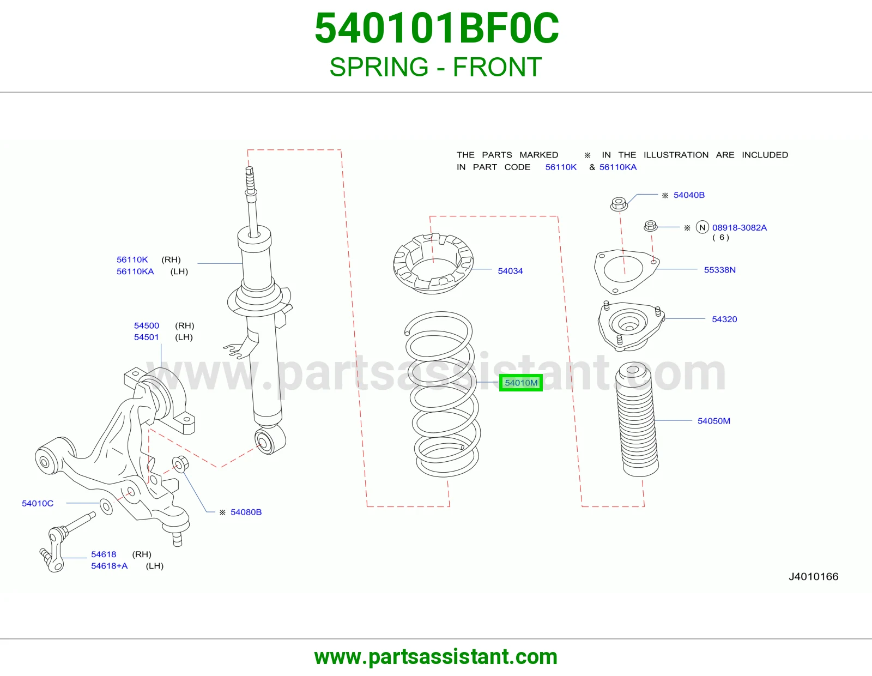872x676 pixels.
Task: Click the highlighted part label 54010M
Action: pyautogui.click(x=521, y=383)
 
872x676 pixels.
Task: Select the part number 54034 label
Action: pyautogui.click(x=510, y=271)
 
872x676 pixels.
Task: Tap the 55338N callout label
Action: pyautogui.click(x=719, y=270)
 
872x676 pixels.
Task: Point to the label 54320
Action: pyautogui.click(x=724, y=319)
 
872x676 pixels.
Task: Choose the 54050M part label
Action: pyautogui.click(x=714, y=421)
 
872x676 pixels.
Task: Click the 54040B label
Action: pyautogui.click(x=689, y=195)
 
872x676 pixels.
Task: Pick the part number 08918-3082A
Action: pyautogui.click(x=739, y=228)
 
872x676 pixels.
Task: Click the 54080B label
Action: pyautogui.click(x=246, y=512)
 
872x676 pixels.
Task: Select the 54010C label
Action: pyautogui.click(x=37, y=503)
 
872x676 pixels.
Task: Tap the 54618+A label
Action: pyautogui.click(x=109, y=566)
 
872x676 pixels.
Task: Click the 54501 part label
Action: pyautogui.click(x=147, y=337)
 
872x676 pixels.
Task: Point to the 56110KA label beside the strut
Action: pyautogui.click(x=135, y=271)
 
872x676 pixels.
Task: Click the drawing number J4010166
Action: pyautogui.click(x=813, y=576)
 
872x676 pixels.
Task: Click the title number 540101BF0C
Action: pyautogui.click(x=436, y=28)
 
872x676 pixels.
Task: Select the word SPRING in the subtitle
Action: pyautogui.click(x=379, y=67)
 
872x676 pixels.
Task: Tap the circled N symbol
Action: pyautogui.click(x=703, y=228)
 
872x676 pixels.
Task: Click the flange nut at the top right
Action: pyautogui.click(x=619, y=204)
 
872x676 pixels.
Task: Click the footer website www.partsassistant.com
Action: pyautogui.click(x=436, y=657)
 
